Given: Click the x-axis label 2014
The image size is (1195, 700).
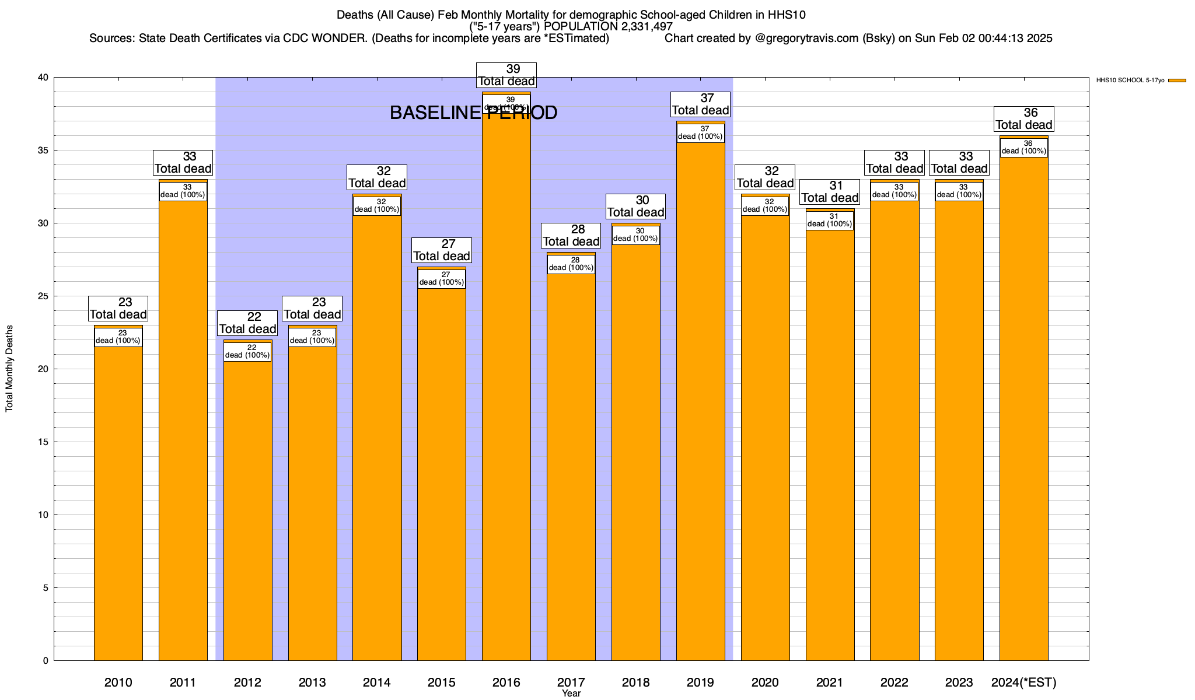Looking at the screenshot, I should click(x=377, y=682).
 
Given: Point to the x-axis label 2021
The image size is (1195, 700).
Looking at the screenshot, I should click(x=829, y=682).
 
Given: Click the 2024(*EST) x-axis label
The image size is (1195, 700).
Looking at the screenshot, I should click(x=1023, y=682).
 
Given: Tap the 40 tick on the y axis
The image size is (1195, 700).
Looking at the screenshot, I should click(x=44, y=78).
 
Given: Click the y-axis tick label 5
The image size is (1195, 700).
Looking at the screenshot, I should click(x=46, y=588).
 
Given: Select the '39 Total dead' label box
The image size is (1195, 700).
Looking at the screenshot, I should click(x=506, y=75).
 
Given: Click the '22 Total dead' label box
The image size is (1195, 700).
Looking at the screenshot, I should click(x=247, y=323).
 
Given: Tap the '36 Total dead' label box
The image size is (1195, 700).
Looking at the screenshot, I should click(x=1023, y=119).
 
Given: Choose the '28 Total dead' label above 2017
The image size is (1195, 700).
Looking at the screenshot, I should click(x=571, y=236).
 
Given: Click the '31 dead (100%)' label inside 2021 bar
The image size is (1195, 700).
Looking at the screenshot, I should click(x=829, y=220).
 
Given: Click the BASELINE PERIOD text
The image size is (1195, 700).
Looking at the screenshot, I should click(x=473, y=113).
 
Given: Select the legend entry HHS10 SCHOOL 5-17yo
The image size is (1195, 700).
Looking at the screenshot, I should click(x=1130, y=80).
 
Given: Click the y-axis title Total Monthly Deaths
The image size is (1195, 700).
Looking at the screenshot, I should click(x=9, y=369).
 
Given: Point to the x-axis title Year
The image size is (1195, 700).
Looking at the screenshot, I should click(x=571, y=694).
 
